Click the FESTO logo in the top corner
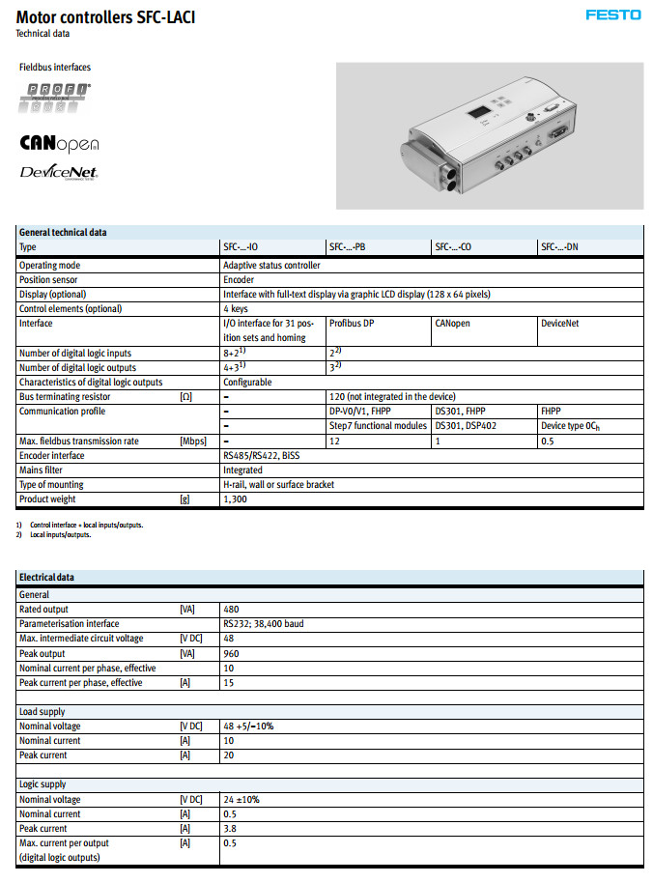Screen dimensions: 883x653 (x=613, y=14)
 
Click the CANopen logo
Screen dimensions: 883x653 (x=59, y=144)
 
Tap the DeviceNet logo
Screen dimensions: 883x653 (x=59, y=173)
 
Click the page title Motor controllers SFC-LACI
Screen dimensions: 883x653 (x=105, y=17)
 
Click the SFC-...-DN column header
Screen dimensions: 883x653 (x=559, y=247)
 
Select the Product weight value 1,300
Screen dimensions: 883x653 (x=235, y=499)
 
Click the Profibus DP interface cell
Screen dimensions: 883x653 (x=352, y=324)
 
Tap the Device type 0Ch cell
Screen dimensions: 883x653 (x=570, y=426)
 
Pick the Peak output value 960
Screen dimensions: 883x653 (x=231, y=653)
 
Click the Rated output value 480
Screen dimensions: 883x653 (x=231, y=610)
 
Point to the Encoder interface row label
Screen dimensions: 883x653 (x=58, y=455)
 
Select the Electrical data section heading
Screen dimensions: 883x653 (x=46, y=578)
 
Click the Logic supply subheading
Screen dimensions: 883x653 (x=43, y=784)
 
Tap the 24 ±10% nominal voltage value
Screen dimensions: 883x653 (x=241, y=800)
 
